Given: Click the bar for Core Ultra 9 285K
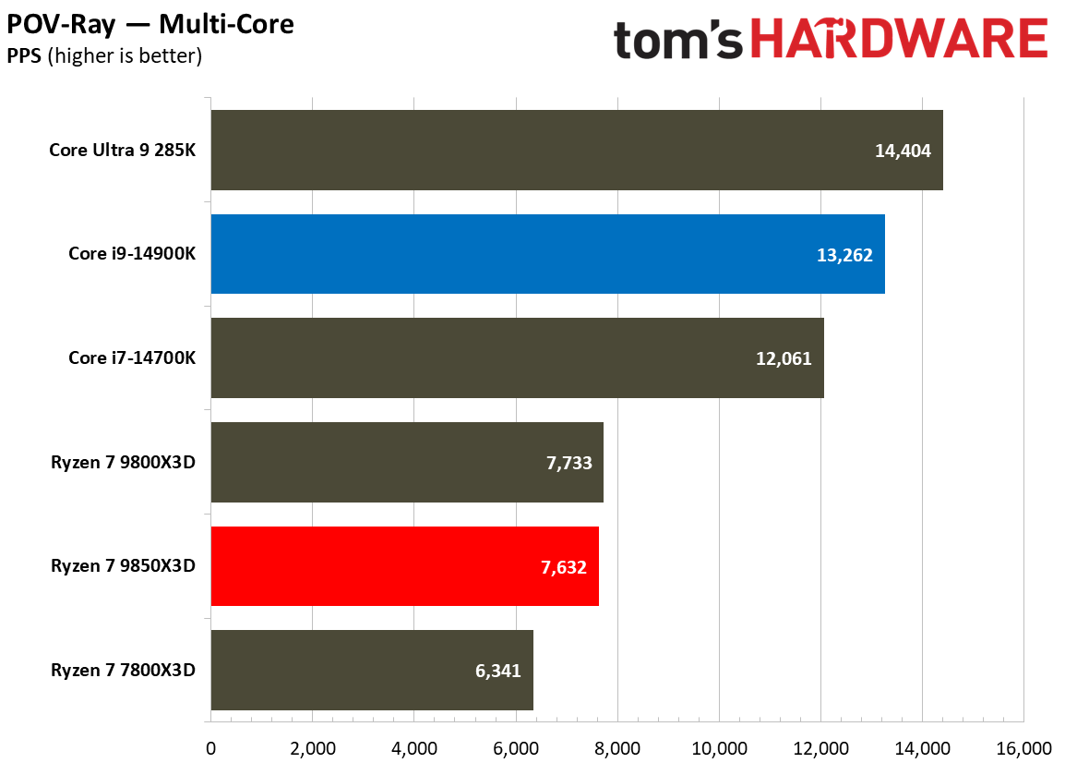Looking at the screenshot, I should pos(576,150).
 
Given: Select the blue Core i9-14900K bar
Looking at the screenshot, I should pos(547,254).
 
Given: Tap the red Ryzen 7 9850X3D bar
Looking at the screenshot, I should pos(404,566).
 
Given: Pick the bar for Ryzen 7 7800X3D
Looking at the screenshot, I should pos(371,670).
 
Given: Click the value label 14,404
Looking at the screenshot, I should pos(903,151).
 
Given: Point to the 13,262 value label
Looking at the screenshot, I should pos(844,255).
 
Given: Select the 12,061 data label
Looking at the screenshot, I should pos(784,358).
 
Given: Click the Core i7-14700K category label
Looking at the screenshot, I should pos(131,358).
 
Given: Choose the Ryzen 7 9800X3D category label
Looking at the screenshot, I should pos(123,463).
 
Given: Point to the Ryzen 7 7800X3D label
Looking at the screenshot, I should pos(123,671).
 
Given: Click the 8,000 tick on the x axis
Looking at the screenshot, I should pos(616,747).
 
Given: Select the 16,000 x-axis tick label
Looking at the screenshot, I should pos(1023,747).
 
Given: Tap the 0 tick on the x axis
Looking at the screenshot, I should pos(211,747).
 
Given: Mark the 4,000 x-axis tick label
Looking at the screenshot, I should pos(413,747).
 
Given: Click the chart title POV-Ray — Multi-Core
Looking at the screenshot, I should pos(150,24).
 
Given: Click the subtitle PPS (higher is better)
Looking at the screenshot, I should pos(104,56).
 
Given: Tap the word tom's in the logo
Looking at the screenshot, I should pos(678,41).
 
